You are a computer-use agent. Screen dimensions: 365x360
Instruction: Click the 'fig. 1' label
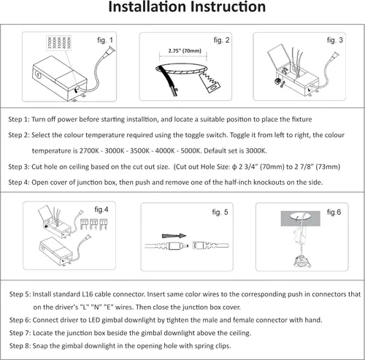point(105,40)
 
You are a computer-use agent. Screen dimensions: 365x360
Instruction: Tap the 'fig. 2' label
point(221,40)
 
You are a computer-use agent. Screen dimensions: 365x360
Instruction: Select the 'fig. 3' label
point(335,40)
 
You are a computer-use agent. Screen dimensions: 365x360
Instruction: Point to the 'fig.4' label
point(101,210)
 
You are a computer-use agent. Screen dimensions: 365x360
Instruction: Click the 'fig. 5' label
point(220,212)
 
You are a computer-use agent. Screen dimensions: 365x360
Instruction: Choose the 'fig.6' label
point(334,212)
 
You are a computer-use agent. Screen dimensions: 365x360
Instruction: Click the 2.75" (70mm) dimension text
point(185,51)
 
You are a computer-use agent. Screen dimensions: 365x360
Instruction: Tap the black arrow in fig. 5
point(174,236)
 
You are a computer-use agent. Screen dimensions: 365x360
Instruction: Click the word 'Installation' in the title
point(147,7)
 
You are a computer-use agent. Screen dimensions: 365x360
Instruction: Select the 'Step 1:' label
point(19,119)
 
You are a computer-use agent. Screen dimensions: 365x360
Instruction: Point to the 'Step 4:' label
point(19,183)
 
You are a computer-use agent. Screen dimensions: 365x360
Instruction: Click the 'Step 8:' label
point(20,346)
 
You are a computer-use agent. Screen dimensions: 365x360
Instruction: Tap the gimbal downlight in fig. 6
point(302,262)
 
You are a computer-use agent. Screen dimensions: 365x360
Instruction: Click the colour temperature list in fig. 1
point(59,42)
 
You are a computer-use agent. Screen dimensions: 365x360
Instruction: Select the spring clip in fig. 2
point(210,83)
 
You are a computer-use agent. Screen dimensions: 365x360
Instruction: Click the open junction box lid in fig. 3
point(279,56)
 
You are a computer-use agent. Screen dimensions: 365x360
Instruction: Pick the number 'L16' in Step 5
point(88,294)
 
